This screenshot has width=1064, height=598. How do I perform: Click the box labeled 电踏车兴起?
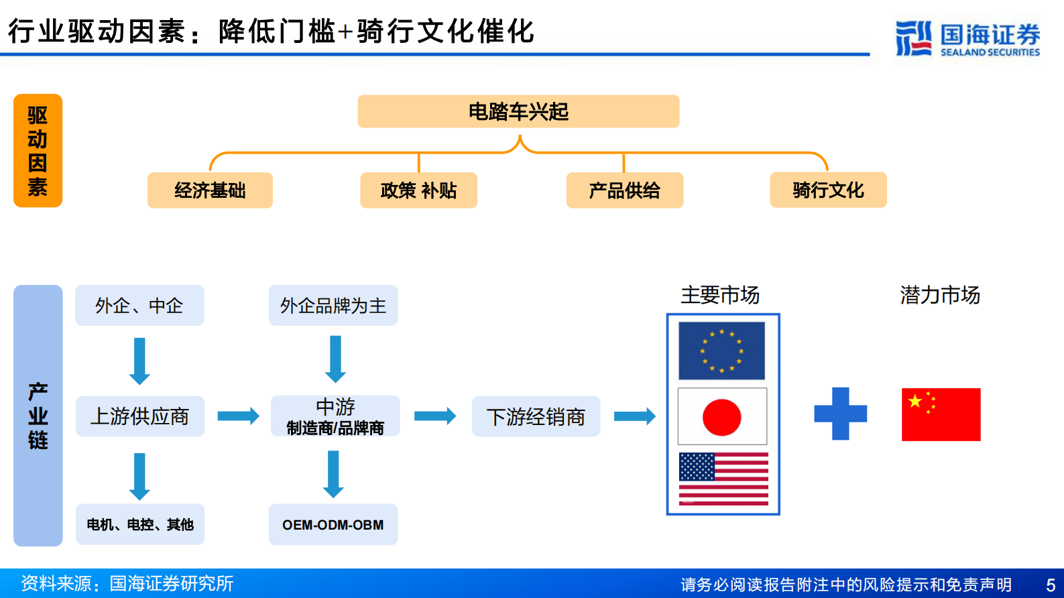(x=518, y=111)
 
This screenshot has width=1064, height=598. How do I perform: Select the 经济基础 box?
(x=210, y=190)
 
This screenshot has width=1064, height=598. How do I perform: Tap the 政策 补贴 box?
(x=418, y=190)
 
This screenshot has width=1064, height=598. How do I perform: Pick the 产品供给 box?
(x=624, y=190)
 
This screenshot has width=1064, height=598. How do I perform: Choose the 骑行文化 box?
(x=828, y=190)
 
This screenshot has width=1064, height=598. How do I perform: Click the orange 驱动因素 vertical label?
(x=38, y=151)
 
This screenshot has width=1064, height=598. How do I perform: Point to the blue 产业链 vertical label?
(x=38, y=416)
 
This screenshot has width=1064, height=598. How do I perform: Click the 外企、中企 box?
(x=139, y=306)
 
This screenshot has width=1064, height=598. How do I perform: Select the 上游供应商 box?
(x=139, y=416)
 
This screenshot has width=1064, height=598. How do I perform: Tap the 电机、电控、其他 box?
(x=139, y=524)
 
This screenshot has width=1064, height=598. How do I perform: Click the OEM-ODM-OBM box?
(x=333, y=524)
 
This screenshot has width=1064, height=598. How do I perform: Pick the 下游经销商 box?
(x=536, y=416)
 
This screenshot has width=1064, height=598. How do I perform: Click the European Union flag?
(x=721, y=351)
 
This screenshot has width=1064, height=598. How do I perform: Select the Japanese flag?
(x=722, y=416)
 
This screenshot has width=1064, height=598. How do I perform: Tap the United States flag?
(x=723, y=479)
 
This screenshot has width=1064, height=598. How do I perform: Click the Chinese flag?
(x=941, y=414)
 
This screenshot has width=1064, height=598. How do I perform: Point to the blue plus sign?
(x=840, y=414)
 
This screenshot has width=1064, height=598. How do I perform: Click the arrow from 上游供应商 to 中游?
(x=238, y=416)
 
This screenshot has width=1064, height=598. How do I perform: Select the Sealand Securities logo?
(x=967, y=39)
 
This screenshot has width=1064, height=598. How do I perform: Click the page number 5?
(x=1051, y=585)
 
